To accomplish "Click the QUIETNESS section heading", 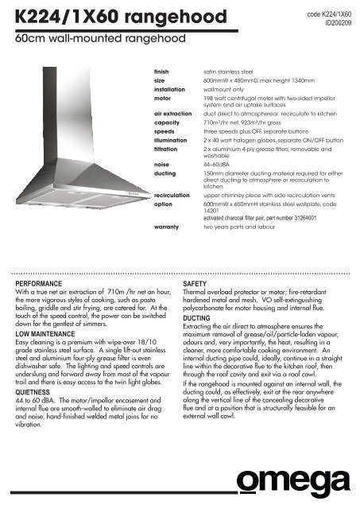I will [39, 390].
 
